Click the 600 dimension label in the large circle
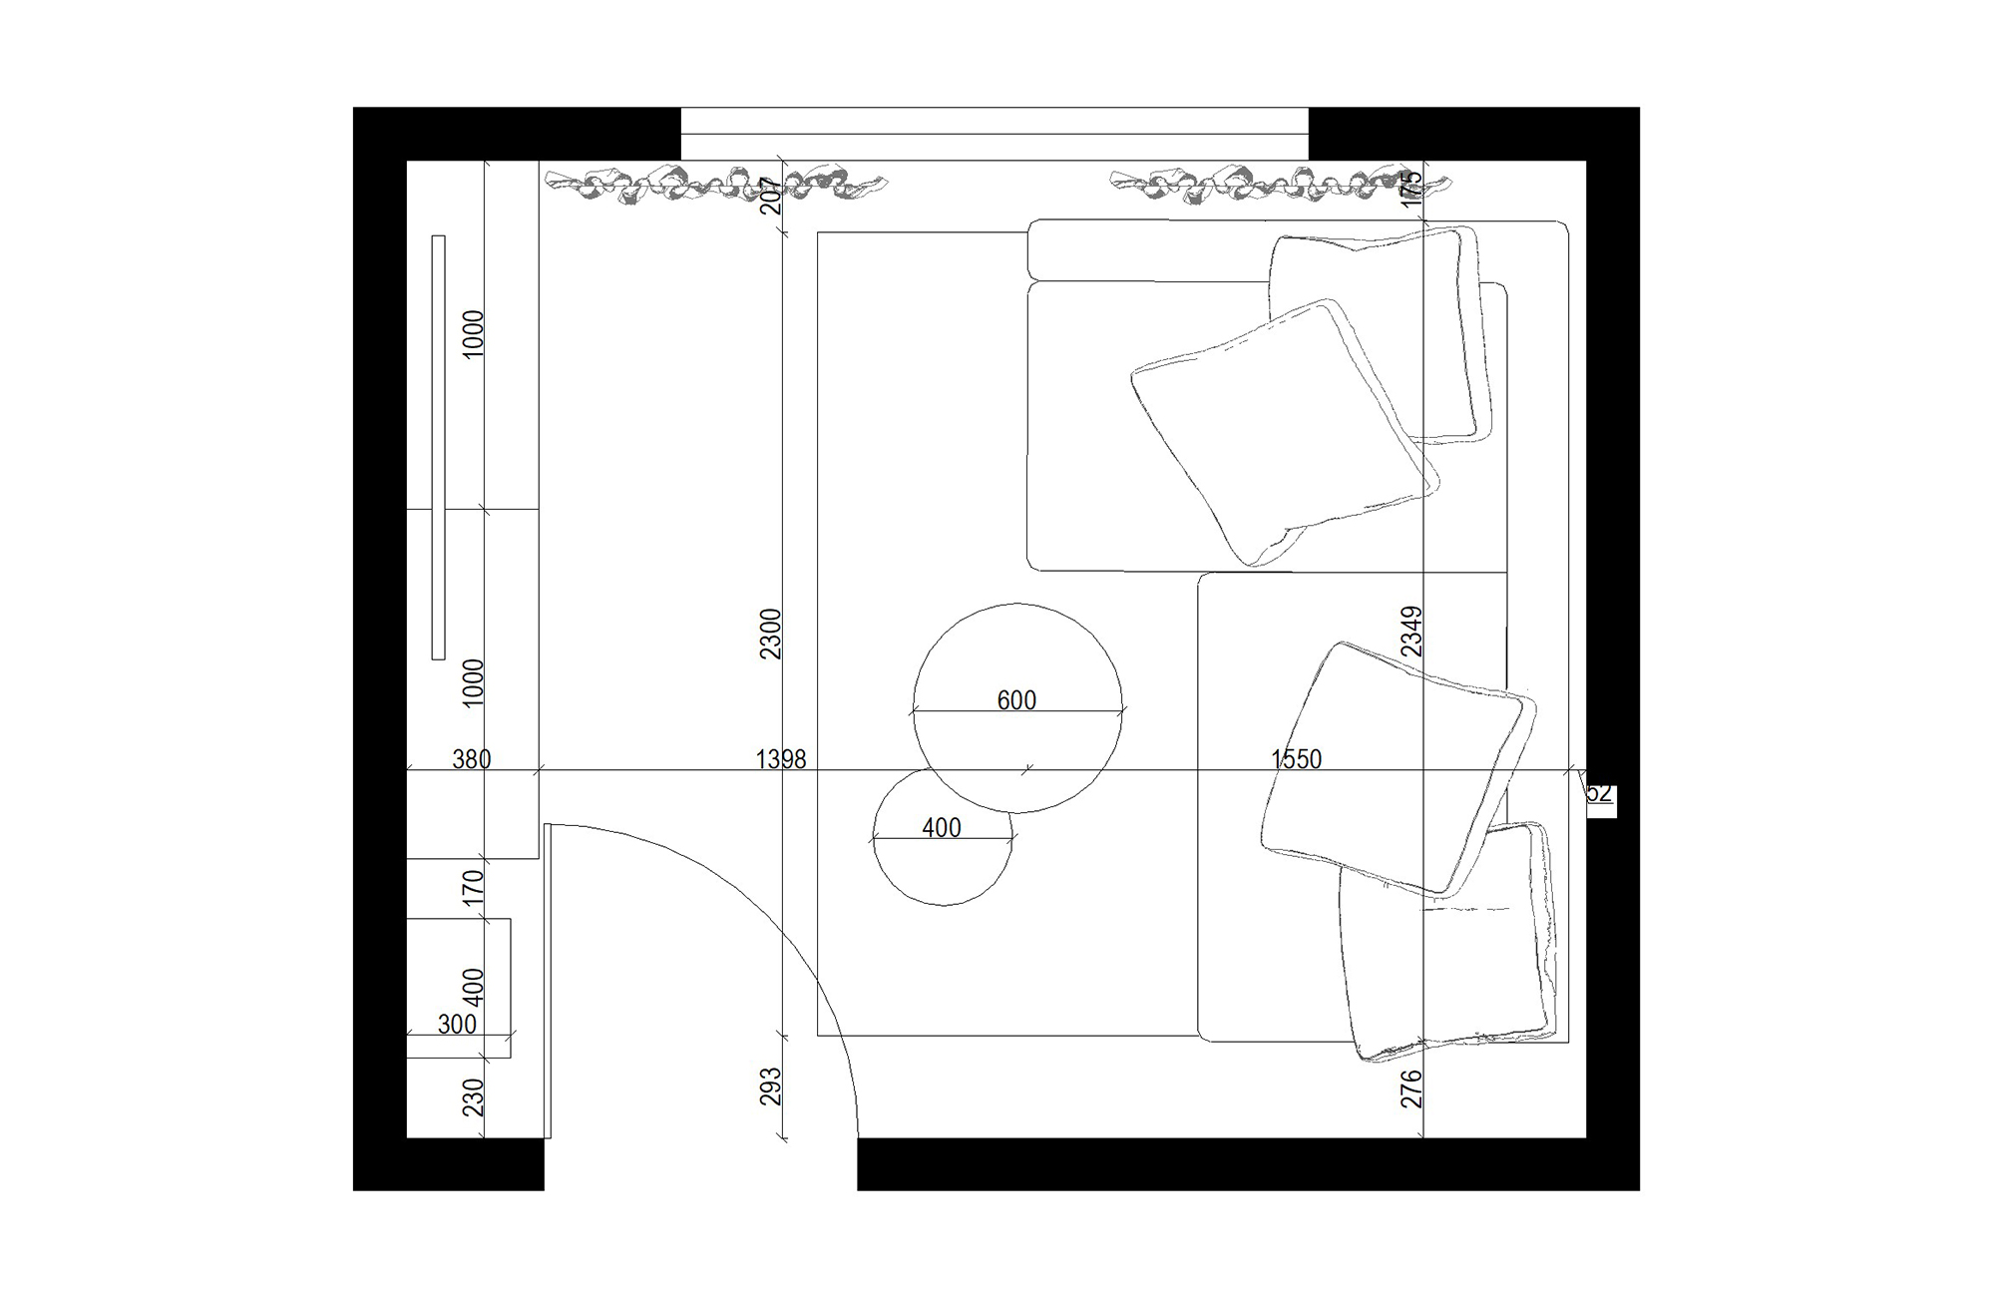coord(1016,700)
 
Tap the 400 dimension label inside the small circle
coord(942,828)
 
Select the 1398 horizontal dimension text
coord(780,759)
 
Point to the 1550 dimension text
coord(1296,759)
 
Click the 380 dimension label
coord(471,759)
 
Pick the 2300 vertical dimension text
coord(771,634)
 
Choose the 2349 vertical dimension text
coord(1411,631)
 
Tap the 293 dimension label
coord(771,1087)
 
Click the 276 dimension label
coord(1411,1088)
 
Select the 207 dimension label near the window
coord(771,197)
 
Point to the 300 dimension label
coord(457,1025)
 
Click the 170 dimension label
coord(474,887)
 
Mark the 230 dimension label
coord(474,1097)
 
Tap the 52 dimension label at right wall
coord(1599,794)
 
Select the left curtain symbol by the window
coord(714,185)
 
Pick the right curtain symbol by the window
coord(1280,185)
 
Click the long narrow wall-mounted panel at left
coord(438,447)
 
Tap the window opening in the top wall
coord(994,133)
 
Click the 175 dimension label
coord(1411,189)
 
